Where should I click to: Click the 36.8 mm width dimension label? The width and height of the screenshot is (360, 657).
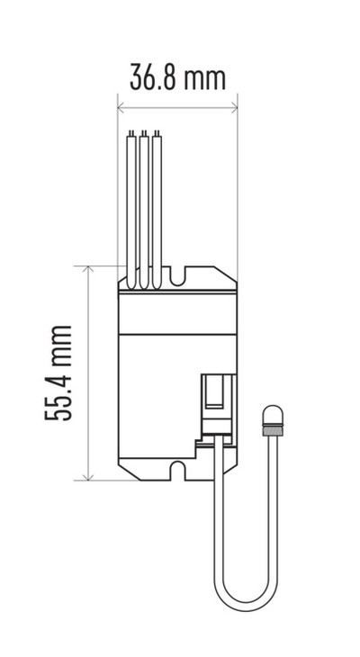click(177, 76)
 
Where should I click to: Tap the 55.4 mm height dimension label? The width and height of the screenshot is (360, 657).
click(58, 373)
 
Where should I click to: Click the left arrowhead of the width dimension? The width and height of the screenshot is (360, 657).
click(121, 108)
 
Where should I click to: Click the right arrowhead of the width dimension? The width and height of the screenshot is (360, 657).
click(233, 108)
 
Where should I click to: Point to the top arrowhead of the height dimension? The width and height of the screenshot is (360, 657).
click(88, 270)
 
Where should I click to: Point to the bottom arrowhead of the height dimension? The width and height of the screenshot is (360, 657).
click(88, 476)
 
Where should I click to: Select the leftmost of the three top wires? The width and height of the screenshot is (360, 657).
click(131, 210)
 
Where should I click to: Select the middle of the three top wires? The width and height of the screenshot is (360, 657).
click(144, 210)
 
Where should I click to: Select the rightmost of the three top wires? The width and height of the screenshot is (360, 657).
click(157, 210)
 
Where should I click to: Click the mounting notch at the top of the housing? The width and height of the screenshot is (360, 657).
click(177, 276)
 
